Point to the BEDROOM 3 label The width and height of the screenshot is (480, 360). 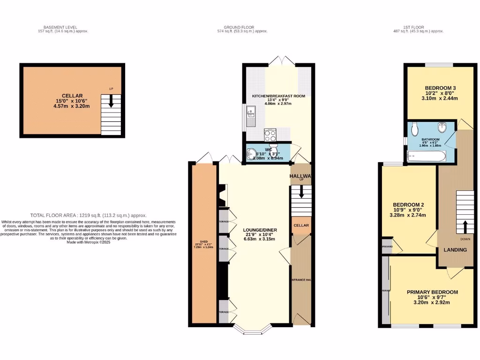(x=440, y=88)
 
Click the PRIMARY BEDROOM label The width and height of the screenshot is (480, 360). (x=432, y=292)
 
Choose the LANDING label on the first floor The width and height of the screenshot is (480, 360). (x=455, y=250)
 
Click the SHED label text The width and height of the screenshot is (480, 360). (x=204, y=242)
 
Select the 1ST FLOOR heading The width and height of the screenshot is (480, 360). (x=415, y=28)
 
